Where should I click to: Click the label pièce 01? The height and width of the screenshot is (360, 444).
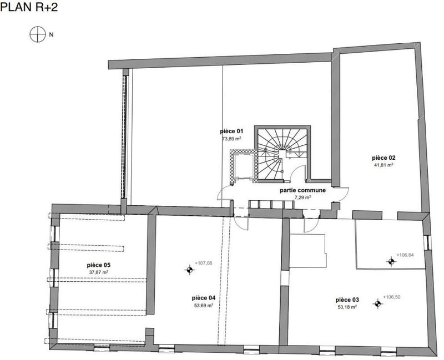231,131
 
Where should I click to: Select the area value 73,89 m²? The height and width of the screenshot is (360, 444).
231,139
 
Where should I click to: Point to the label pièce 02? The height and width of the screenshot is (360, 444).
383,158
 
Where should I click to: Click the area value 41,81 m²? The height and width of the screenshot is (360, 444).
383,165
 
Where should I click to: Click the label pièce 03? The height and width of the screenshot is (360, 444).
347,299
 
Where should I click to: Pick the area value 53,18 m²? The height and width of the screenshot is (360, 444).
347,306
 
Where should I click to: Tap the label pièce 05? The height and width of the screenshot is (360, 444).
98,265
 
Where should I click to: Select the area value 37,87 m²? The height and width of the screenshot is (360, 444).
98,272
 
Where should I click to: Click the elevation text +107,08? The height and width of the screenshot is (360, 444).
204,263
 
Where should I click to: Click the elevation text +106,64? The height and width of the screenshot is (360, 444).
407,256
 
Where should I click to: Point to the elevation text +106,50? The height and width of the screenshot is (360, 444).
391,297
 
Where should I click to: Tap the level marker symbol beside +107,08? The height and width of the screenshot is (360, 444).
190,270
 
